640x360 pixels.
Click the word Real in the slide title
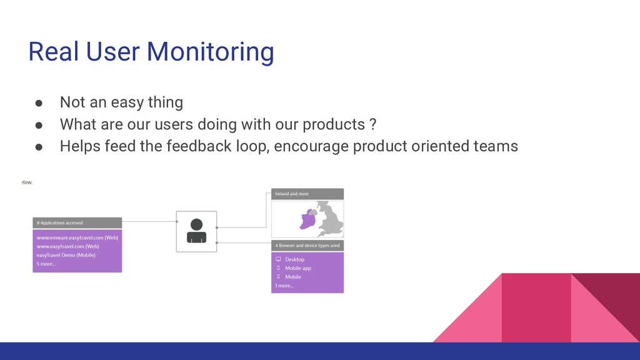(52, 51)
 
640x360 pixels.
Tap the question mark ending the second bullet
(372, 124)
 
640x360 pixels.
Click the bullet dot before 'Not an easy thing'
(38, 102)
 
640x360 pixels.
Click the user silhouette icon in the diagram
(196, 231)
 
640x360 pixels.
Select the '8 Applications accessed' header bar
(77, 222)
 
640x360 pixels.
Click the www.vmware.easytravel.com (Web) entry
(77, 237)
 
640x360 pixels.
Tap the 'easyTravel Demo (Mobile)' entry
(66, 255)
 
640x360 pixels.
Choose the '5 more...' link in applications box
(46, 264)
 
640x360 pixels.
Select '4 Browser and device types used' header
(307, 246)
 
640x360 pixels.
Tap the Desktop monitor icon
(279, 259)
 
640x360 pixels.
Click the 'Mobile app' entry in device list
(297, 268)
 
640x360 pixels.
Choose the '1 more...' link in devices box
(284, 286)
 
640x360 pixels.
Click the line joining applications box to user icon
(149, 221)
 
